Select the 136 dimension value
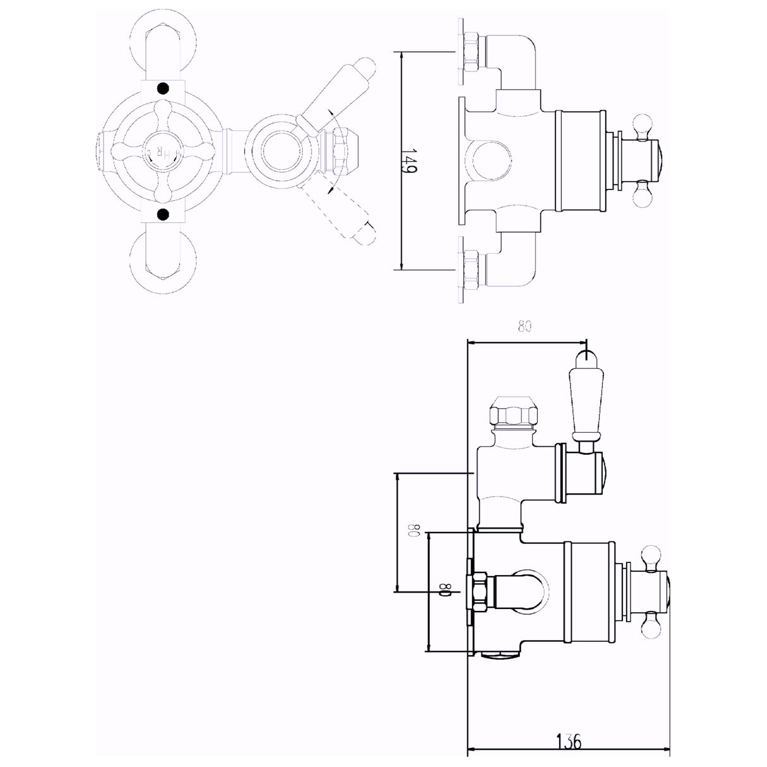coord(569,740)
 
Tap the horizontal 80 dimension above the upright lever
coord(524,327)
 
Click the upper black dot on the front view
coord(164,89)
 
